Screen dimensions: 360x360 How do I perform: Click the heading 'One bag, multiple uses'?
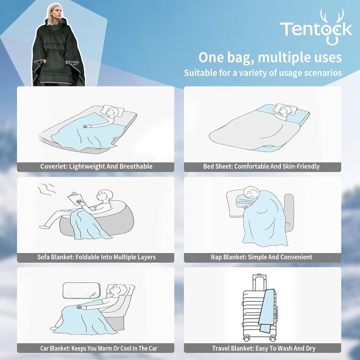[x=270, y=57]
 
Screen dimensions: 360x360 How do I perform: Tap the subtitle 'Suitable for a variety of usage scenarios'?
[x=263, y=73]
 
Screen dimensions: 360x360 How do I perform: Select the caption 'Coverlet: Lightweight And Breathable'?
[x=96, y=167]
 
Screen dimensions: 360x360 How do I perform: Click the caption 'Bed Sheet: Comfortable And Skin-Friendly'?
[x=261, y=167]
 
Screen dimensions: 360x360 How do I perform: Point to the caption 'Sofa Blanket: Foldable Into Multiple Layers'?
[x=96, y=257]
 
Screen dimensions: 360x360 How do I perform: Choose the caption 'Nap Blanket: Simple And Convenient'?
[x=261, y=257]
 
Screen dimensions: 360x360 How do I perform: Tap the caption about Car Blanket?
[x=96, y=349]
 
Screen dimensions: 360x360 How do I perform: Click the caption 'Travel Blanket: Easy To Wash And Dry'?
[x=261, y=349]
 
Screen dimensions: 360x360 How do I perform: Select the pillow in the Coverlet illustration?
[x=111, y=112]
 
